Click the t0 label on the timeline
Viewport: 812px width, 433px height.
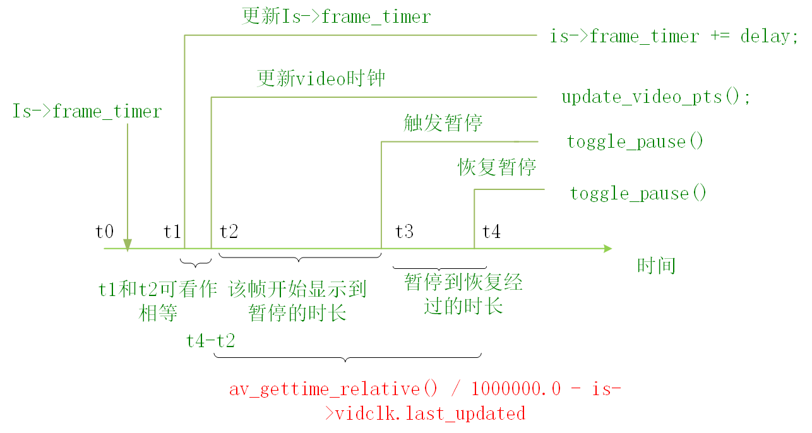pyautogui.click(x=104, y=232)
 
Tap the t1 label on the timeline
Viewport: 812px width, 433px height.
pyautogui.click(x=172, y=232)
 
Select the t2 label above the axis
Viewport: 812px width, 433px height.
pyautogui.click(x=229, y=232)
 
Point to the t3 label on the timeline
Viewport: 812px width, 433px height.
pyautogui.click(x=404, y=232)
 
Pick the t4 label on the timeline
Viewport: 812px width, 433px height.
pyautogui.click(x=491, y=232)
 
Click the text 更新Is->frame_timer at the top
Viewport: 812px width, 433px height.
pyautogui.click(x=336, y=16)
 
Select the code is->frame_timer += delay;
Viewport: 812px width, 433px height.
pyautogui.click(x=670, y=37)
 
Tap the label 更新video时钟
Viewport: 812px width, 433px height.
pyautogui.click(x=321, y=79)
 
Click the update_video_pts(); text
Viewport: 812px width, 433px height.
pyautogui.click(x=656, y=97)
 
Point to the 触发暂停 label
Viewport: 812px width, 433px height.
pyautogui.click(x=443, y=123)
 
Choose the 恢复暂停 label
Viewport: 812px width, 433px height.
pyautogui.click(x=497, y=167)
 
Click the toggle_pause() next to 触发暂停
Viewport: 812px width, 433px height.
pyautogui.click(x=635, y=141)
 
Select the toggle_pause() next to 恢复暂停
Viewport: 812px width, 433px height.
pyautogui.click(x=638, y=193)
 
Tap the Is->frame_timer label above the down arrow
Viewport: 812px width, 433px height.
pyautogui.click(x=87, y=112)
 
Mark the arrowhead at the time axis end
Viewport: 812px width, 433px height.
pyautogui.click(x=607, y=249)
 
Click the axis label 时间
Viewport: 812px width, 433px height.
pyautogui.click(x=657, y=266)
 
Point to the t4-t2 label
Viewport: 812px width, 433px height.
pyautogui.click(x=210, y=341)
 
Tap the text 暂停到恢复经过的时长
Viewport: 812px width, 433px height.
pyautogui.click(x=463, y=294)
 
